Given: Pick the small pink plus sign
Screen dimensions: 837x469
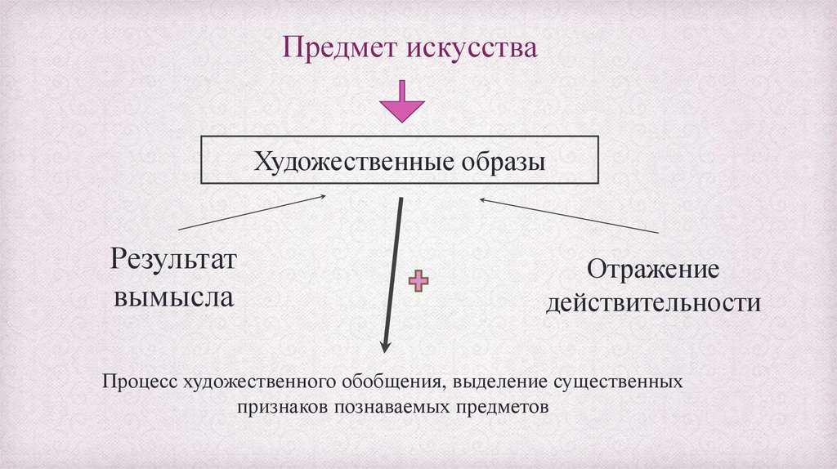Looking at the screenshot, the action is tap(418, 281).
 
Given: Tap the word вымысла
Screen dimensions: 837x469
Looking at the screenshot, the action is tap(173, 296).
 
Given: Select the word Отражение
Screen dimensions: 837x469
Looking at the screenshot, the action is tap(653, 269).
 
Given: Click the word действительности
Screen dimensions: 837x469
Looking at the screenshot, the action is tap(654, 304).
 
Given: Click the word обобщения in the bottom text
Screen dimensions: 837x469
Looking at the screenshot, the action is tap(395, 382).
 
